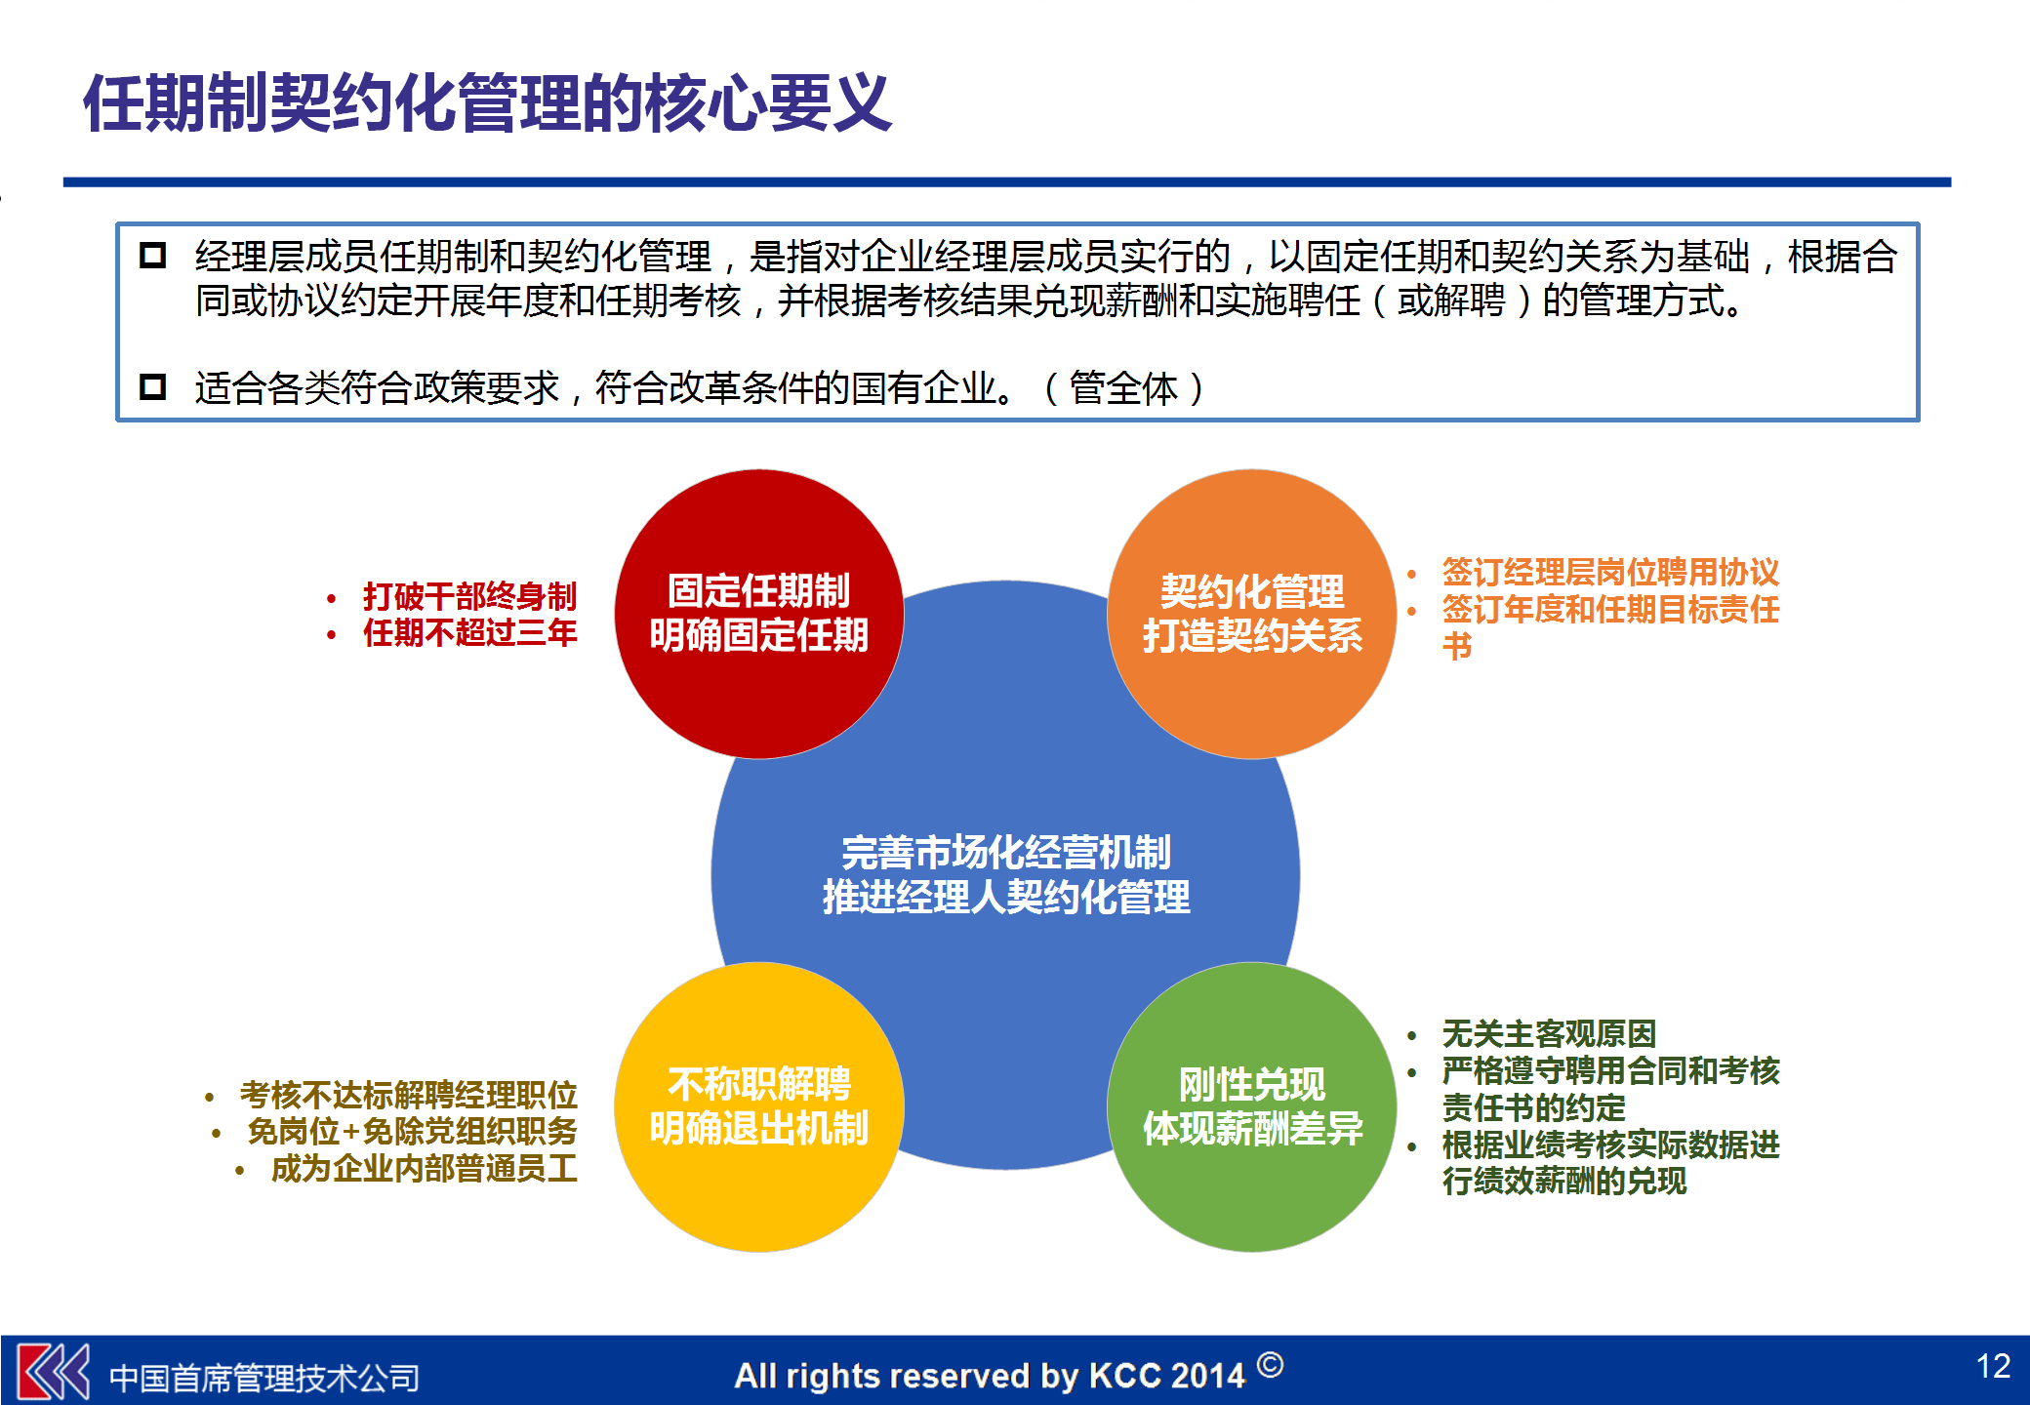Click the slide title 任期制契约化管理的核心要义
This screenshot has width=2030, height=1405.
488,103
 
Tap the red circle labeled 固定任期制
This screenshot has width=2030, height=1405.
758,613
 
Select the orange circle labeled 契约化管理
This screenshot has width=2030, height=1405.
1251,613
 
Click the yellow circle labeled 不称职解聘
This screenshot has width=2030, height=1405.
758,1106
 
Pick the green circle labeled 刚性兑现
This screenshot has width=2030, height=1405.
1251,1106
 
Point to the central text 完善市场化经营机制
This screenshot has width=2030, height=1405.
1005,853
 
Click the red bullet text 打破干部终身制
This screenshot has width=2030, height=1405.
469,595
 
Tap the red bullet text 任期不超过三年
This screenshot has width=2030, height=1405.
469,632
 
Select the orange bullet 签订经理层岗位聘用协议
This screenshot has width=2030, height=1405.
1610,572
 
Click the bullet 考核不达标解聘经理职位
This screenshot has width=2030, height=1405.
408,1095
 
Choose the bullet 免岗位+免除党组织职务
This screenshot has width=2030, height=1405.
412,1132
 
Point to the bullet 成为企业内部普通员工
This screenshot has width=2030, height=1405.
424,1168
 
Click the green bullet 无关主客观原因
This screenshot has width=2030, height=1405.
1549,1033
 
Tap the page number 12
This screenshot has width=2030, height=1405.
1993,1366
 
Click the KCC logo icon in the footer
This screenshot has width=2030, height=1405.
54,1372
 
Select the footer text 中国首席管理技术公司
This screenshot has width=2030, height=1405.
264,1378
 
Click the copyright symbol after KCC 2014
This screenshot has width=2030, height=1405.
1270,1364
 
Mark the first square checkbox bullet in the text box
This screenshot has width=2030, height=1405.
153,256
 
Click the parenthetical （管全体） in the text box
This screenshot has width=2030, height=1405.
1123,388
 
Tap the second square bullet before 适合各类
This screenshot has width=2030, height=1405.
153,387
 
